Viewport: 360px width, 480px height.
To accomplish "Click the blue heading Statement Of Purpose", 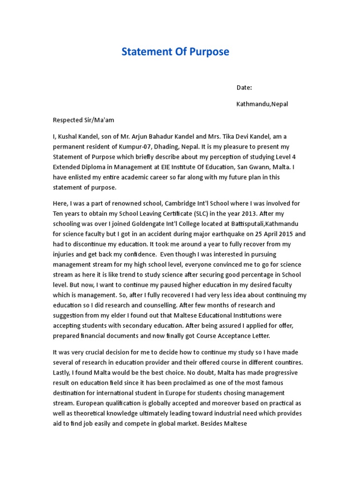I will [175, 52].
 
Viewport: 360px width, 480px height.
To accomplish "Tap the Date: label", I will [244, 87].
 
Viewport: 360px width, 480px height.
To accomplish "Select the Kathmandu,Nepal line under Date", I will [262, 104].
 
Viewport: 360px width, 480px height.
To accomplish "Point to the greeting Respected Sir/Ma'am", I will [83, 120].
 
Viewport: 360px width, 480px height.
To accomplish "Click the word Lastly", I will [63, 373].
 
